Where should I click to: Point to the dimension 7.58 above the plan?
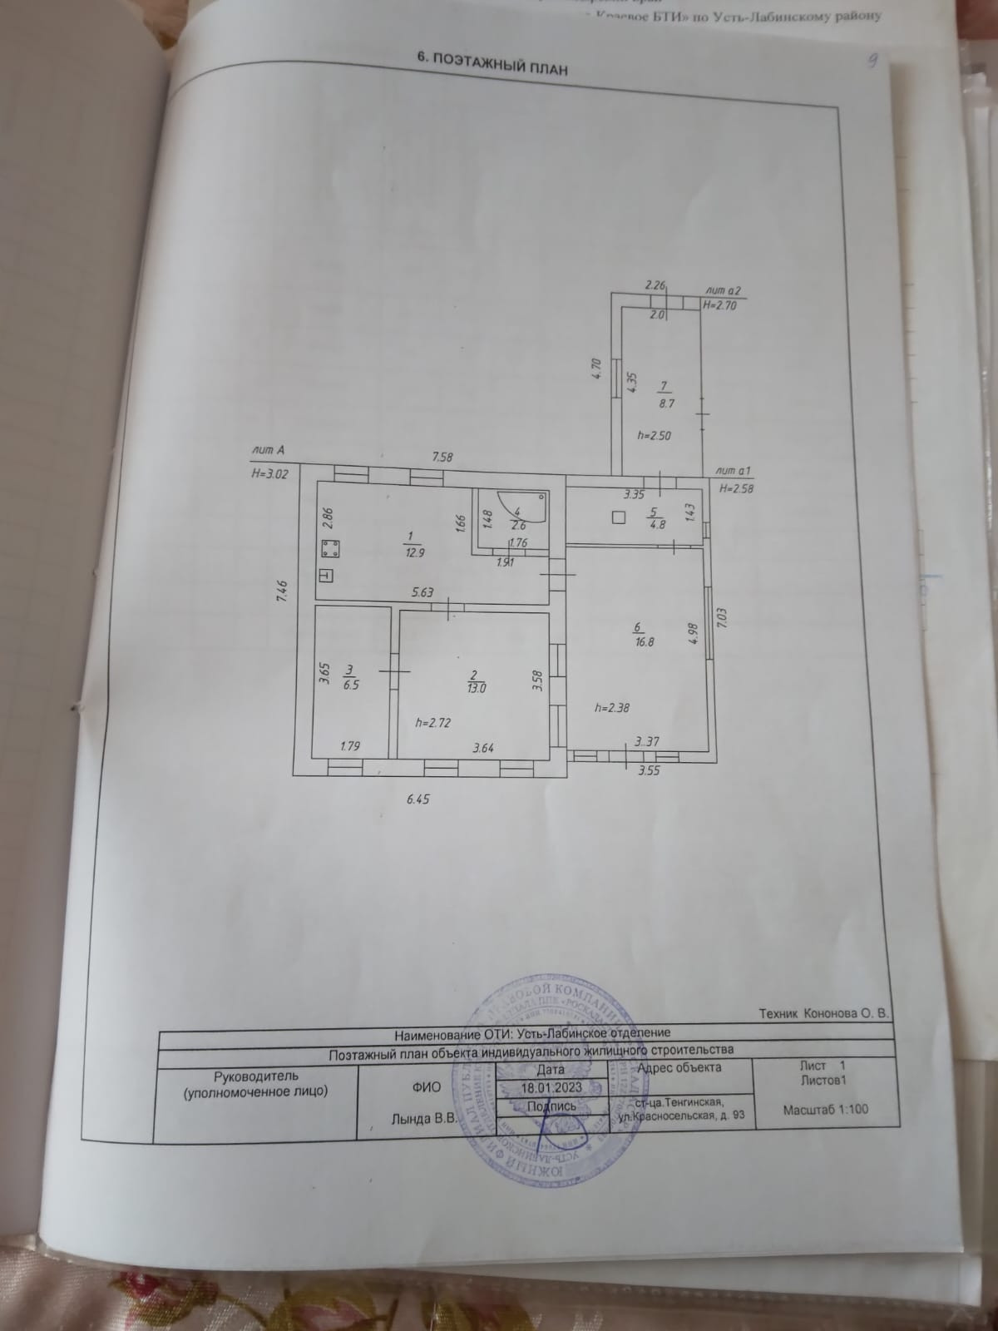[x=442, y=457]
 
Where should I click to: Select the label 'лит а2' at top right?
[x=721, y=290]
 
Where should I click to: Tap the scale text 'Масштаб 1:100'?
[x=826, y=1109]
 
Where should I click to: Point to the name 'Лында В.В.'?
[x=424, y=1119]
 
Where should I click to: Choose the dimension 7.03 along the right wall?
[x=722, y=620]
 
